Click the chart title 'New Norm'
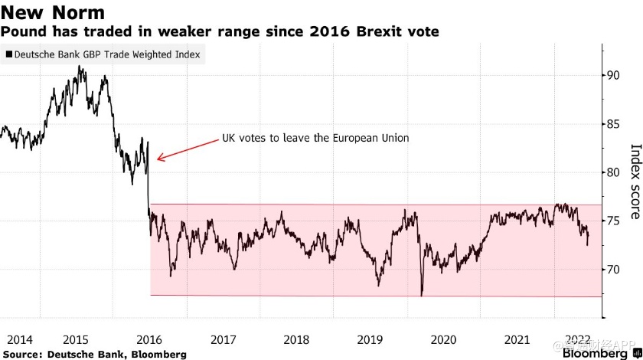click(53, 13)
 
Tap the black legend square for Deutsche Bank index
click(9, 55)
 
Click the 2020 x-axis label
click(444, 339)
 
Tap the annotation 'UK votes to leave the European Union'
click(315, 139)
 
